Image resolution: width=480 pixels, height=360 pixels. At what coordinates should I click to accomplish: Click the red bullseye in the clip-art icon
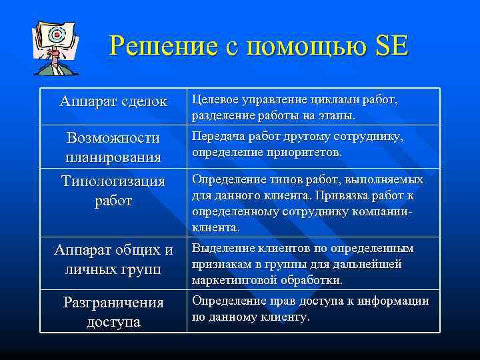56,33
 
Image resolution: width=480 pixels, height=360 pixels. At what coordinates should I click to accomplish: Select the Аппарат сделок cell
113,101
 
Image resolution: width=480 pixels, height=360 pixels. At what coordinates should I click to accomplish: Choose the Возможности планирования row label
113,147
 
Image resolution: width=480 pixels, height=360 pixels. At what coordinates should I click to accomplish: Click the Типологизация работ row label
113,190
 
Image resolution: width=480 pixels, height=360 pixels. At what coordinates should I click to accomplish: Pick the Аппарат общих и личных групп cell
113,259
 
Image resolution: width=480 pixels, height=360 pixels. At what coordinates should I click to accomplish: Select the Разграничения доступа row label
113,311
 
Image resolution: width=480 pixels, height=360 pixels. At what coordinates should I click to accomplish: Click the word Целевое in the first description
217,99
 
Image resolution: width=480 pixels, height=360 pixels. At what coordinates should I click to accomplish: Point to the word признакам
222,264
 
